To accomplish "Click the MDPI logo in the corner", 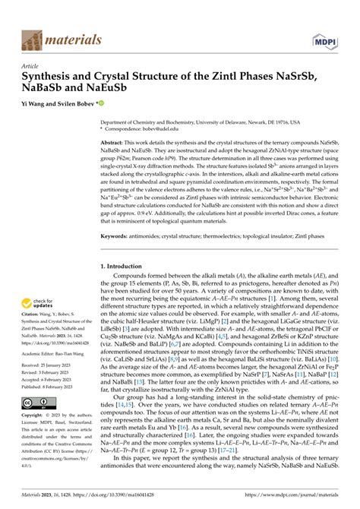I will coord(324,38).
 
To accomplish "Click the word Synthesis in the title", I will coord(52,79).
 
